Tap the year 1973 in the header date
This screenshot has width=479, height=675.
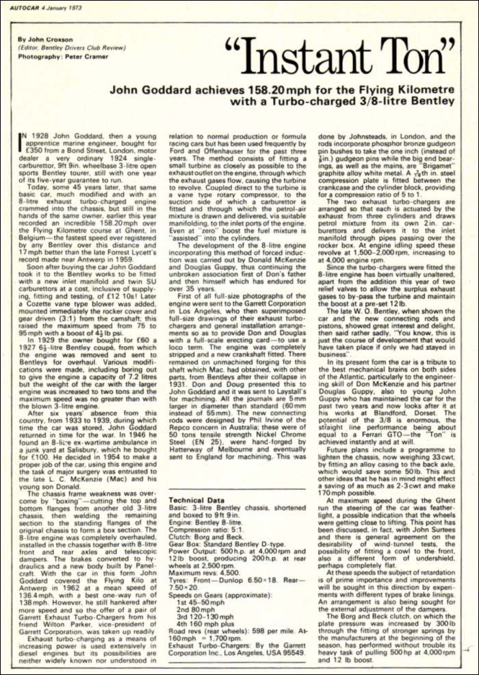coord(83,8)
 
